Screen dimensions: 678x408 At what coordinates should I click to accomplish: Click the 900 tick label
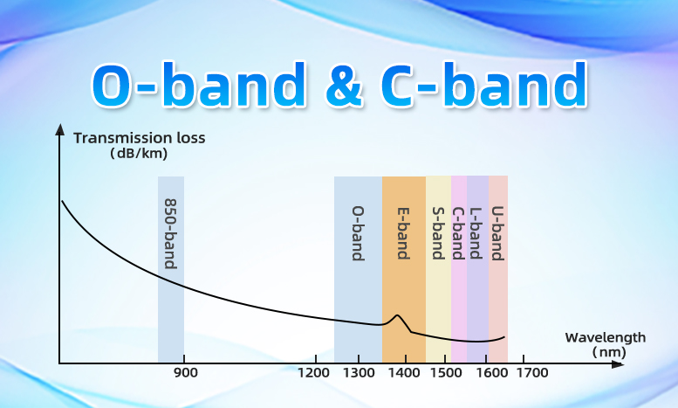pyautogui.click(x=186, y=373)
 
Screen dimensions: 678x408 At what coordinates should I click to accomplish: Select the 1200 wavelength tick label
pyautogui.click(x=314, y=373)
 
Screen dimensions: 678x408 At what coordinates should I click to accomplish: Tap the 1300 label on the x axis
pyautogui.click(x=359, y=373)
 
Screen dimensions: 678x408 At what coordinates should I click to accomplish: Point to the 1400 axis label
pyautogui.click(x=404, y=373)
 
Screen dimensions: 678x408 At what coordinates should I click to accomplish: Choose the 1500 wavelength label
pyautogui.click(x=446, y=373)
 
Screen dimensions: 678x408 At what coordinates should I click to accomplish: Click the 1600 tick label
pyautogui.click(x=491, y=373)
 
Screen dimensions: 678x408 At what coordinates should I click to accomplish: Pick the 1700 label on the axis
pyautogui.click(x=532, y=373)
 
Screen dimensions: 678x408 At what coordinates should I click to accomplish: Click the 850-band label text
pyautogui.click(x=171, y=233)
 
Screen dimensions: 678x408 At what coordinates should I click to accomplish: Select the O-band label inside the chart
pyautogui.click(x=358, y=233)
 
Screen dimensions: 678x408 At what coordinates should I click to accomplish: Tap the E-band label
pyautogui.click(x=403, y=233)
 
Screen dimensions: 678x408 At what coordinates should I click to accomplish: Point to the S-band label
pyautogui.click(x=438, y=233)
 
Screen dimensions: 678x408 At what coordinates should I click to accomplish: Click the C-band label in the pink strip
pyautogui.click(x=458, y=233)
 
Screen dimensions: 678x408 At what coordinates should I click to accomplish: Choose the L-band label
pyautogui.click(x=476, y=233)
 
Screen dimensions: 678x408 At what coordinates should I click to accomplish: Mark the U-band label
pyautogui.click(x=498, y=233)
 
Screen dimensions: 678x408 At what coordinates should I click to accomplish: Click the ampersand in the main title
pyautogui.click(x=343, y=86)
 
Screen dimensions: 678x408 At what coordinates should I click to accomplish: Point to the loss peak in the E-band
pyautogui.click(x=397, y=315)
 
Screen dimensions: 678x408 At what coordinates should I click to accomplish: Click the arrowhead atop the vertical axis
pyautogui.click(x=60, y=129)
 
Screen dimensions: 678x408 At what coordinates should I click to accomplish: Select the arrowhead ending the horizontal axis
pyautogui.click(x=618, y=364)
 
